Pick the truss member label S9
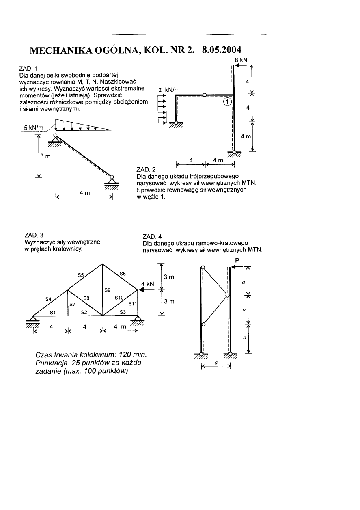[108, 290]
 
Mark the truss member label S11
[133, 303]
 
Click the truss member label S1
[52, 312]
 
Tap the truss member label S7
[73, 304]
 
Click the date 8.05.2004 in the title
[221, 50]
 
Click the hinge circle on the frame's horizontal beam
[205, 95]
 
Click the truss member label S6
[122, 274]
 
